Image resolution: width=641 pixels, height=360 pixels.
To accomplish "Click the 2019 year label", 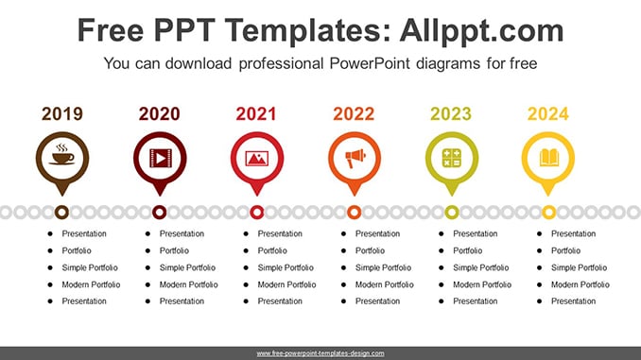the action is (x=62, y=114).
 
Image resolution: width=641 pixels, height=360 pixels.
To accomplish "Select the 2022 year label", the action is (x=354, y=114).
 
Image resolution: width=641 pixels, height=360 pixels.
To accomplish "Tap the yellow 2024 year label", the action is (x=547, y=114).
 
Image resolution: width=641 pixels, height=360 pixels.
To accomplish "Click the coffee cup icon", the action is (x=62, y=154).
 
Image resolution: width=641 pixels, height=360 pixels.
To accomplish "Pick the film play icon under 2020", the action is (x=160, y=158).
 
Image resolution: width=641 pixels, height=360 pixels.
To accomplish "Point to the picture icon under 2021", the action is (x=257, y=159).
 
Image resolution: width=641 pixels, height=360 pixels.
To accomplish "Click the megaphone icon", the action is (x=355, y=158).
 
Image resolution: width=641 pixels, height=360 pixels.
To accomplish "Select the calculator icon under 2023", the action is (x=452, y=158).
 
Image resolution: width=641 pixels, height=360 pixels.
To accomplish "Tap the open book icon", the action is (x=548, y=158).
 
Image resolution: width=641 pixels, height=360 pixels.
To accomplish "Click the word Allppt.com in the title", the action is (x=481, y=30).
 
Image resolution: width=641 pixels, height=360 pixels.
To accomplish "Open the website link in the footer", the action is (x=320, y=353).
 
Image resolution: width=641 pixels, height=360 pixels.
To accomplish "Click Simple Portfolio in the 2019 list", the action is (x=90, y=267).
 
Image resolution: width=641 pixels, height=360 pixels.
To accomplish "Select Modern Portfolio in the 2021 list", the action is (x=287, y=284).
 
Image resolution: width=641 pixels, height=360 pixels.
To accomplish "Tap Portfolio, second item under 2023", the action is (x=468, y=250).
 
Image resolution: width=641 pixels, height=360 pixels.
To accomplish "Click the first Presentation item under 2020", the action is (x=182, y=233).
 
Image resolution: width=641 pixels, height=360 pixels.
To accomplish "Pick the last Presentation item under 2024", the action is (x=574, y=301).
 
